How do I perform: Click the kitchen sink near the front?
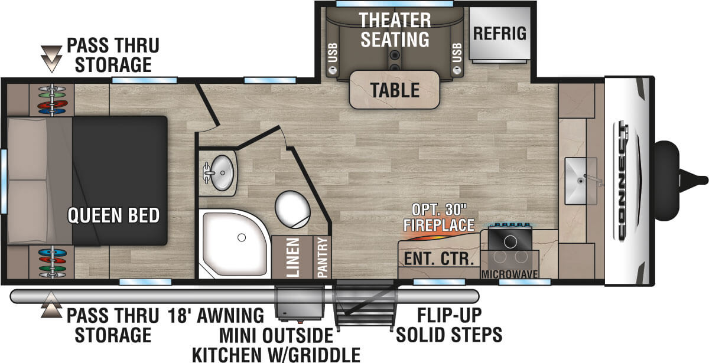tap(579, 172)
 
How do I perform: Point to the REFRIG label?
tap(499, 33)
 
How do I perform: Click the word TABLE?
tap(395, 90)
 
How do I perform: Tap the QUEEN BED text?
tap(113, 215)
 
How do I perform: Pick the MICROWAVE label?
tap(509, 274)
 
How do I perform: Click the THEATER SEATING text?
tap(395, 30)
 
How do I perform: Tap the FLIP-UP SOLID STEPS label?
tap(449, 324)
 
